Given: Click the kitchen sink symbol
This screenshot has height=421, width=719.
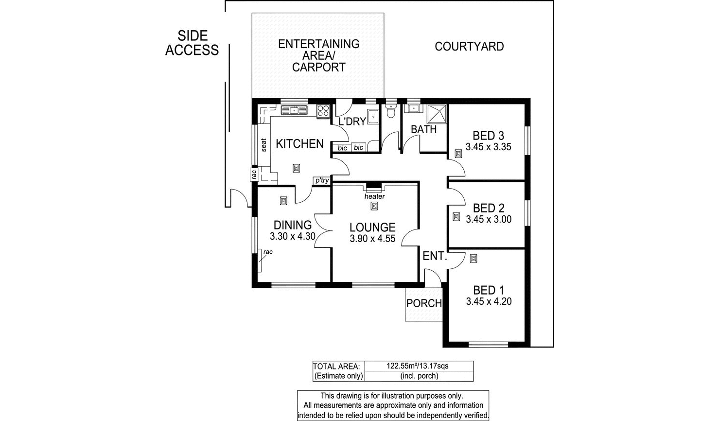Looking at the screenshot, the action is pos(294,110).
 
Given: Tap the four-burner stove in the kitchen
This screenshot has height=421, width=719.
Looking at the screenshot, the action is pos(323,111).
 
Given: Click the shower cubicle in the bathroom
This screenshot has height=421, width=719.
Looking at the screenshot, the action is pos(437,114).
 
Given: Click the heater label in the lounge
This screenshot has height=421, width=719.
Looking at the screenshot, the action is pos(374,196).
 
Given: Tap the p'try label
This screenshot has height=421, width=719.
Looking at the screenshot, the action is pos(322,181).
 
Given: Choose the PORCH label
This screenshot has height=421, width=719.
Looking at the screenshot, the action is pos(424,303).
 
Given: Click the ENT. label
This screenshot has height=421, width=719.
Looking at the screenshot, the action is pos(435,256).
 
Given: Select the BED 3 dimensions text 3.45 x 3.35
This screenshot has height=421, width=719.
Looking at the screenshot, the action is pos(488,147).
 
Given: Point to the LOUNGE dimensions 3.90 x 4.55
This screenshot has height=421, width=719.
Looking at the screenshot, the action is pos(372,239).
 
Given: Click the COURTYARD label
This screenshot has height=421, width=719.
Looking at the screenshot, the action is pos(469,47).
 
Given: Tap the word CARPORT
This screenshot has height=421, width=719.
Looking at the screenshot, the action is pos(318,68).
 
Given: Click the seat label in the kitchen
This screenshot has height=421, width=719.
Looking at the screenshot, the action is pos(264,145).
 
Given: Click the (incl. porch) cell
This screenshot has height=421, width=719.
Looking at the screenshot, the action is pos(419,376).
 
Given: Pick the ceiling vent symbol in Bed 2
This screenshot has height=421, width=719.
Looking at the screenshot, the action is pos(456,217).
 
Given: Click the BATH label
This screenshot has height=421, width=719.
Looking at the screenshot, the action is pos(424,130).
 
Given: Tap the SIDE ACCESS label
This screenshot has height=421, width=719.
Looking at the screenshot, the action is pos(192,43).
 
